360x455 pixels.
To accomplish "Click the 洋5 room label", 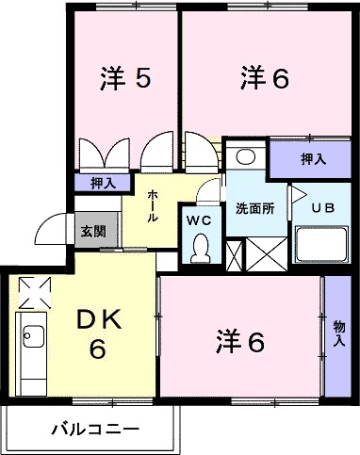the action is pyautogui.click(x=123, y=80).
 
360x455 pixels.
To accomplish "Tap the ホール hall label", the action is pyautogui.click(x=151, y=203).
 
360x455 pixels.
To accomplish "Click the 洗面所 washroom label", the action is pyautogui.click(x=254, y=209).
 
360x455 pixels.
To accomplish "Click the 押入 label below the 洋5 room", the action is pyautogui.click(x=103, y=184).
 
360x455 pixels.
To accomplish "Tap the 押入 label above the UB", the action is pyautogui.click(x=313, y=158).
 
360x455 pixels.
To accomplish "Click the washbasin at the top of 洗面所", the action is pyautogui.click(x=246, y=156).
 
